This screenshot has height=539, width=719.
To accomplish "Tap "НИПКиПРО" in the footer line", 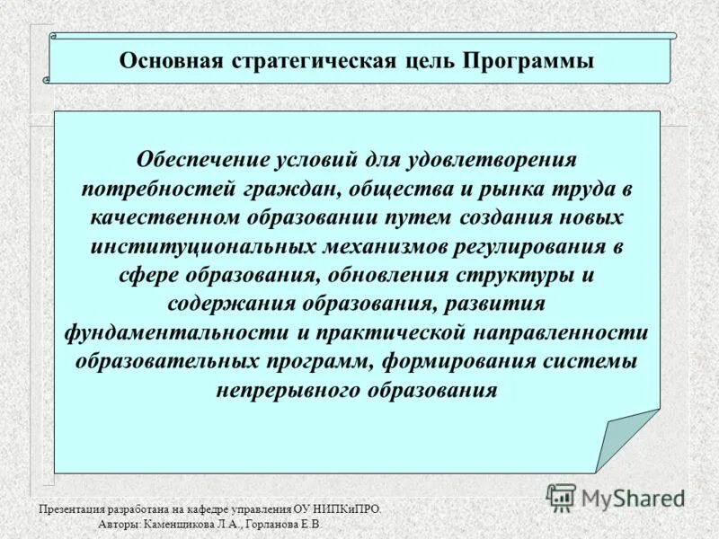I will [x=349, y=509].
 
